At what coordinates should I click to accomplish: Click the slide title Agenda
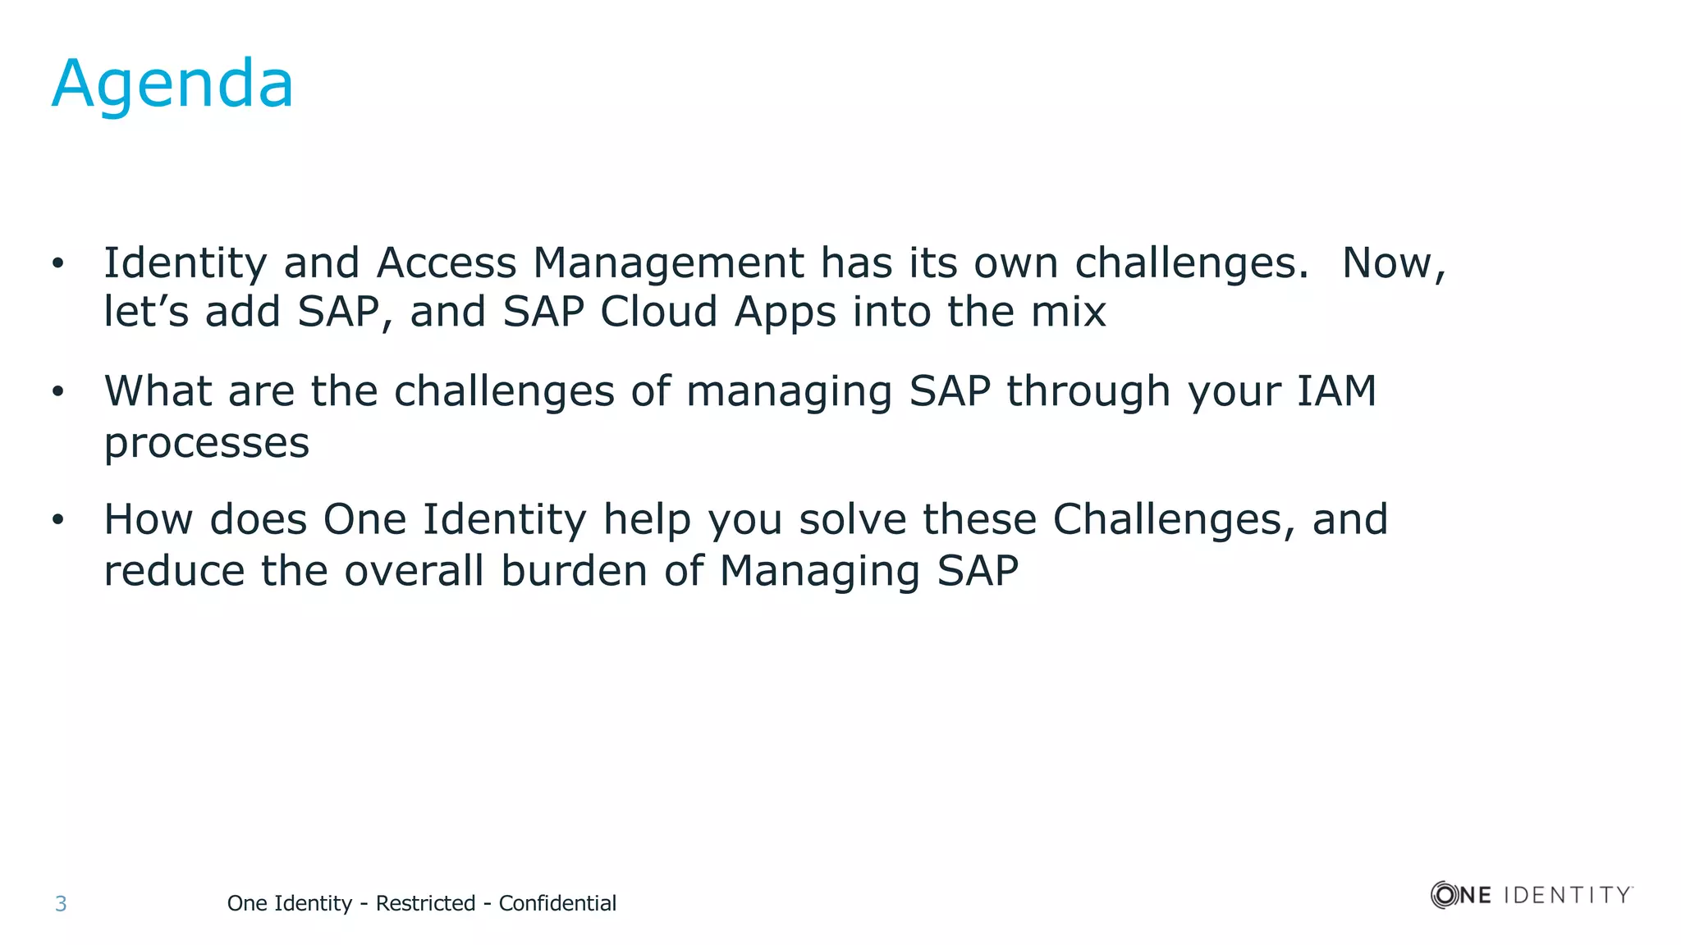[172, 85]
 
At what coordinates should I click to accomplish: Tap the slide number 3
[61, 904]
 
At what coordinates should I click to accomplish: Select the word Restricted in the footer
[425, 903]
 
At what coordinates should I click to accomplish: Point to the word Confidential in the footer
[557, 903]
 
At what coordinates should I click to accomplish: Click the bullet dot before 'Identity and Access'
[57, 264]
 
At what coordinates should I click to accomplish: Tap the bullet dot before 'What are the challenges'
[57, 392]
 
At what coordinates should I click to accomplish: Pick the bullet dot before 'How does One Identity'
[57, 520]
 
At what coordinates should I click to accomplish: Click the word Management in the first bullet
[668, 264]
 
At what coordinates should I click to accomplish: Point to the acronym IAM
[1335, 391]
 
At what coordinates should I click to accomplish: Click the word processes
[207, 444]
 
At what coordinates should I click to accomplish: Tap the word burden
[574, 571]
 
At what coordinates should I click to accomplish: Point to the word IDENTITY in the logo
[1567, 895]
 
